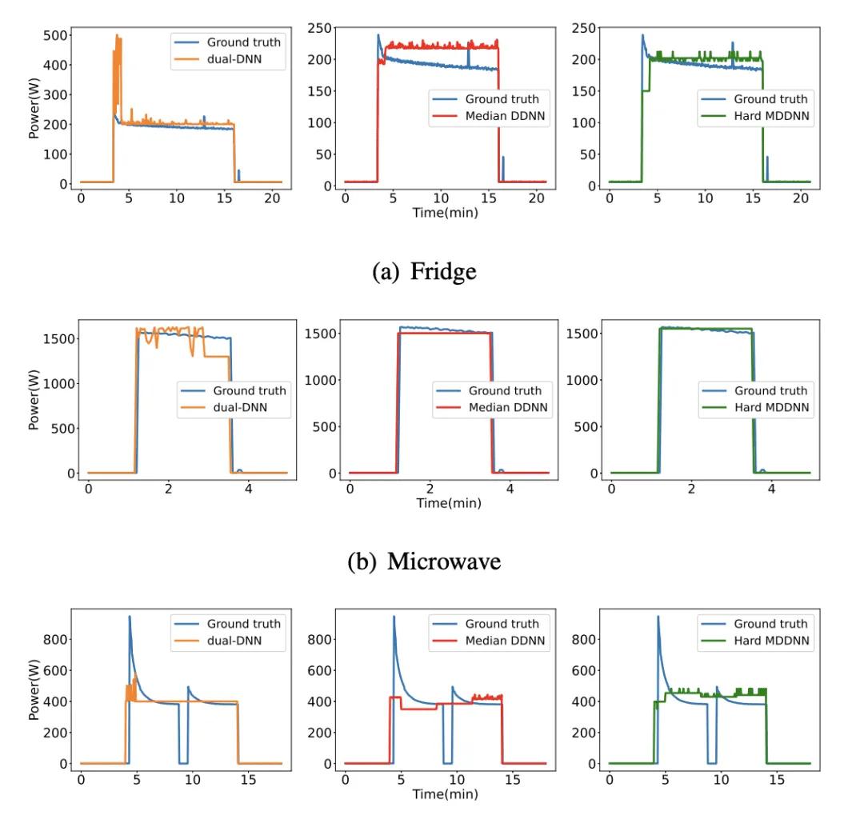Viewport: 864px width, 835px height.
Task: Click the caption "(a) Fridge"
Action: pyautogui.click(x=424, y=271)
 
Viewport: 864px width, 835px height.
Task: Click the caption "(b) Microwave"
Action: pyautogui.click(x=424, y=561)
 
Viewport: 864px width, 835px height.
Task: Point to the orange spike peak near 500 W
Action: pyautogui.click(x=118, y=36)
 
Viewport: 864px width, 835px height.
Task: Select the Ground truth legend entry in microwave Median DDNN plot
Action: pyautogui.click(x=505, y=390)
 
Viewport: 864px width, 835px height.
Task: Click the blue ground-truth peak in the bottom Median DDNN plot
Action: pyautogui.click(x=394, y=617)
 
